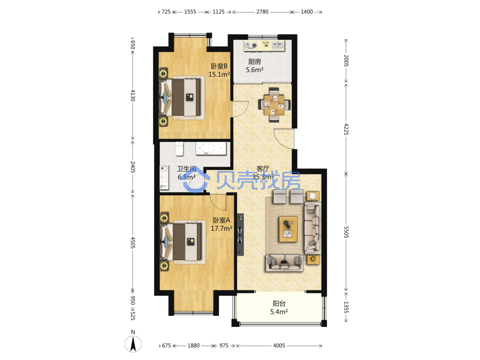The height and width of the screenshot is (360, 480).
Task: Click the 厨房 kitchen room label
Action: pyautogui.click(x=254, y=61)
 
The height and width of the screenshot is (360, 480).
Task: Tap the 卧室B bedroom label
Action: pyautogui.click(x=219, y=66)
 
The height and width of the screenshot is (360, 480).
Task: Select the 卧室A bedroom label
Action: pyautogui.click(x=221, y=220)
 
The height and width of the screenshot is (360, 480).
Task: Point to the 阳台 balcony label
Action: pyautogui.click(x=279, y=303)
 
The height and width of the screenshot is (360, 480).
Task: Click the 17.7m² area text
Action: pyautogui.click(x=221, y=228)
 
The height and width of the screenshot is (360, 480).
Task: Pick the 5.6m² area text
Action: pyautogui.click(x=255, y=70)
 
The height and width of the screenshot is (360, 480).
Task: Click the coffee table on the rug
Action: pyautogui.click(x=288, y=229)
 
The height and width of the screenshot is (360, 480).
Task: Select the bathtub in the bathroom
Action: pyautogui.click(x=211, y=149)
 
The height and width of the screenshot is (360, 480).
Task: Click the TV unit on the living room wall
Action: pyautogui.click(x=240, y=235)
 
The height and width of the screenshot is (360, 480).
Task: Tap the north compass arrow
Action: pyautogui.click(x=133, y=344)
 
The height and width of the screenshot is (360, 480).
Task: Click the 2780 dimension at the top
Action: pyautogui.click(x=263, y=12)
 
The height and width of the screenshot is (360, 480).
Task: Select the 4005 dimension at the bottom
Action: pyautogui.click(x=279, y=346)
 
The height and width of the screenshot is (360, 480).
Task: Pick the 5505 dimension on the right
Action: pyautogui.click(x=346, y=232)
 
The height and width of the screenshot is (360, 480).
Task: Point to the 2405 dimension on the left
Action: pyautogui.click(x=133, y=167)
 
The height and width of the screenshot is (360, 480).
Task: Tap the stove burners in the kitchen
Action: pyautogui.click(x=251, y=46)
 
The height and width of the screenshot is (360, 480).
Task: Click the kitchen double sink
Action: pyautogui.click(x=278, y=46)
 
